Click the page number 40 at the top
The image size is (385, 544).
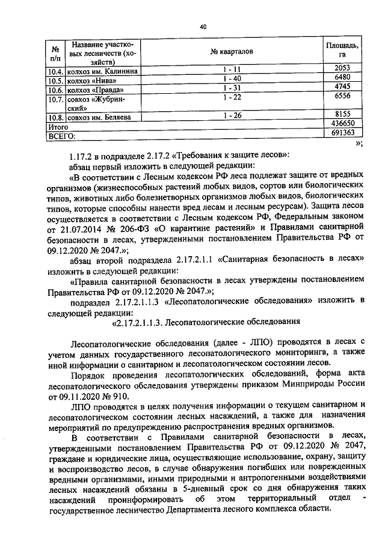tap(202, 26)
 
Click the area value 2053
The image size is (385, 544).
tap(341, 70)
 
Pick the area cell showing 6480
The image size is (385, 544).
tap(341, 79)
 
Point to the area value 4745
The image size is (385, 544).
tap(341, 88)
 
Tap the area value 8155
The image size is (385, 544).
tap(341, 117)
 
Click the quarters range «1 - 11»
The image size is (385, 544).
tap(231, 70)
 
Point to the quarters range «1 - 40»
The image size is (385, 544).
tap(231, 79)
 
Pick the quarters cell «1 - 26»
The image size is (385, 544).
tap(231, 117)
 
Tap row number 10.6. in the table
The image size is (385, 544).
tap(56, 90)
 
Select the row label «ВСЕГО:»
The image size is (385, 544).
tap(61, 135)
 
